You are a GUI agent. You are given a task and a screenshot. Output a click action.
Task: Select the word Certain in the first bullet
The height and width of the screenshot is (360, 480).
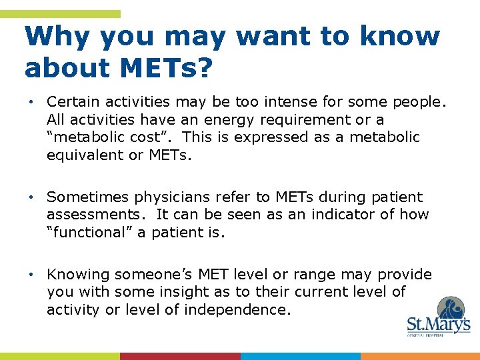[71, 102]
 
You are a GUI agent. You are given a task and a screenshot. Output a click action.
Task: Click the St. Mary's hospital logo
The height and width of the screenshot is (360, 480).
[438, 317]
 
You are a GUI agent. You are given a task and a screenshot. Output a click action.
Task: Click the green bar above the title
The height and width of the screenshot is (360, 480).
[60, 13]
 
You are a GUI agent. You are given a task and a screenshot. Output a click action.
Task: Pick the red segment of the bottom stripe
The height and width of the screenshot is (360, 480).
[180, 356]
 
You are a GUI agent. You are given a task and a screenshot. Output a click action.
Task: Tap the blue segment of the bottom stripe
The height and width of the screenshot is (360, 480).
[300, 356]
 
